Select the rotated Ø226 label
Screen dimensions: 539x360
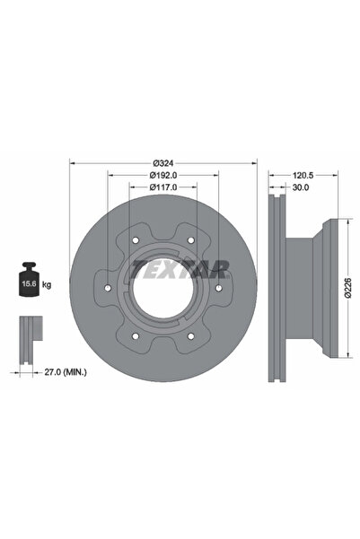pyautogui.click(x=349, y=287)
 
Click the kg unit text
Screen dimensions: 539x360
pyautogui.click(x=47, y=284)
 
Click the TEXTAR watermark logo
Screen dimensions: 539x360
pyautogui.click(x=179, y=266)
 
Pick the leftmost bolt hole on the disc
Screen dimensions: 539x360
pyautogui.click(x=107, y=288)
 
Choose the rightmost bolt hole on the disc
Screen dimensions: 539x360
pyautogui.click(x=218, y=288)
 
